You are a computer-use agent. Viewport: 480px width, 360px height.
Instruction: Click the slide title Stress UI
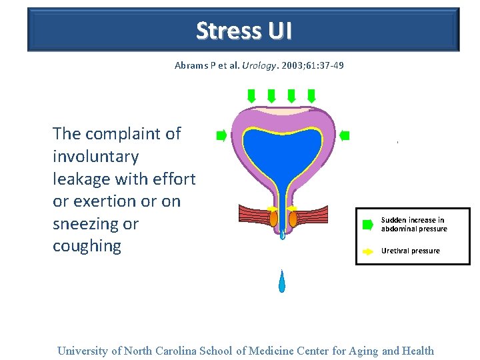(243, 31)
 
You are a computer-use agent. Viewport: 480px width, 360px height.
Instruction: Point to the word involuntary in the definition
(96, 157)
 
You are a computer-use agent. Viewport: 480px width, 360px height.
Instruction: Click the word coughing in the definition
(87, 246)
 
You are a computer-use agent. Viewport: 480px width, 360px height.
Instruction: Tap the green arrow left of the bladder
(221, 136)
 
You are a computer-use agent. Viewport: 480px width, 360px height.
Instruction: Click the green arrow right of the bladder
(344, 136)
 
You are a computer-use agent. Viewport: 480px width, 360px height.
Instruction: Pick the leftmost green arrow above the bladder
(251, 96)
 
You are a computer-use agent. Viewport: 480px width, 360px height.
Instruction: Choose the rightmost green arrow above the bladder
(311, 96)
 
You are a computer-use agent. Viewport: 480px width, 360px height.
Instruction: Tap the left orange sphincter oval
(273, 217)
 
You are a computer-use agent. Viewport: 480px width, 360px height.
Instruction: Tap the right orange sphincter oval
(293, 217)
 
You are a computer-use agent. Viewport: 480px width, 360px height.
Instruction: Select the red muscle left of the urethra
(253, 214)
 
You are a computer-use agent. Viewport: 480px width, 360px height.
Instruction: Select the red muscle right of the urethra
(313, 214)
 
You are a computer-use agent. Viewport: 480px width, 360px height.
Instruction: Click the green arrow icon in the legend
(367, 225)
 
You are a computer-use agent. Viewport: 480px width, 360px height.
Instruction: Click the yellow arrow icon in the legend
(367, 251)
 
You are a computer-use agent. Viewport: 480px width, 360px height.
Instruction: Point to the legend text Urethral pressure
(410, 251)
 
